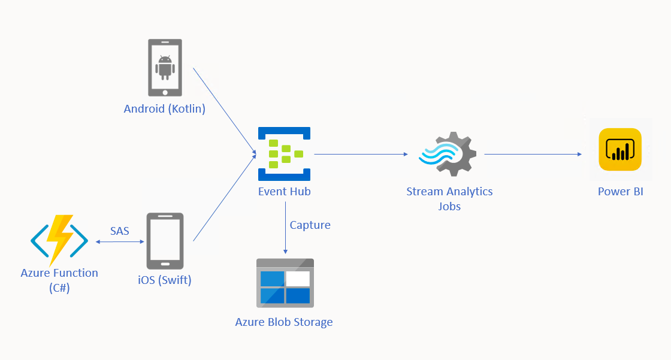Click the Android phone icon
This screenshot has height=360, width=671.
click(x=165, y=68)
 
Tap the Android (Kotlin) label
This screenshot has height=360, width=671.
click(x=165, y=109)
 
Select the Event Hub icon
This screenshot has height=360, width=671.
click(x=284, y=154)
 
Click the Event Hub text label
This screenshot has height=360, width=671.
click(x=284, y=192)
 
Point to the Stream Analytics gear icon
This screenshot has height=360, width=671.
click(x=448, y=154)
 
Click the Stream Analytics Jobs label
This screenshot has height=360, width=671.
click(x=449, y=199)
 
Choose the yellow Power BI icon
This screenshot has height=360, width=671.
click(x=620, y=150)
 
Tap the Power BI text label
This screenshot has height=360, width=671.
click(x=620, y=192)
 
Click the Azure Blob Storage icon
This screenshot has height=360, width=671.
click(x=285, y=283)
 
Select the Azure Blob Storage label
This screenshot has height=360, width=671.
click(x=284, y=322)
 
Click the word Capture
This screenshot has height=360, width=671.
click(x=310, y=225)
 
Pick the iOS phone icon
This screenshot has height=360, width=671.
click(x=165, y=241)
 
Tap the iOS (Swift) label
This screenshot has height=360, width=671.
click(x=165, y=280)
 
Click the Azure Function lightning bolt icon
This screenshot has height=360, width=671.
click(x=59, y=240)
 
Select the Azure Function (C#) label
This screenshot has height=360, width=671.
click(x=59, y=280)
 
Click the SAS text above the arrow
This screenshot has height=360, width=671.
click(x=120, y=231)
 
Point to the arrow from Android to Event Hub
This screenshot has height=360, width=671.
click(x=223, y=110)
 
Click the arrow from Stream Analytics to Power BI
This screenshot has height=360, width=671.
click(x=533, y=154)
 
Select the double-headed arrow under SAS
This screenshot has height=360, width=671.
click(x=120, y=242)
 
